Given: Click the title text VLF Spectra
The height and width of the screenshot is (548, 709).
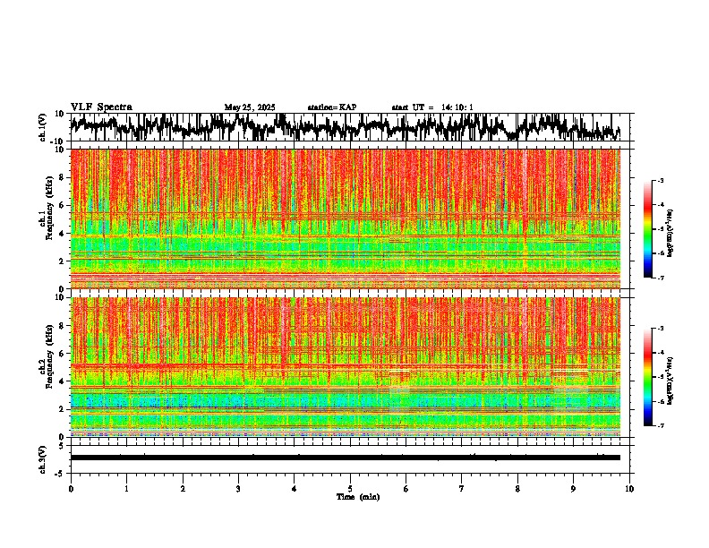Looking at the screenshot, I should (101, 107).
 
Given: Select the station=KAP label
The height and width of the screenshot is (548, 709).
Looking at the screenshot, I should (331, 107).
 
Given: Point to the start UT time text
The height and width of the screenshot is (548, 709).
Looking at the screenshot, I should (432, 107).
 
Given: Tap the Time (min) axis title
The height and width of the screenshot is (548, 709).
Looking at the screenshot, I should (357, 496).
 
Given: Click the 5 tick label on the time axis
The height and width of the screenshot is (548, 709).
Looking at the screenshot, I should (350, 489).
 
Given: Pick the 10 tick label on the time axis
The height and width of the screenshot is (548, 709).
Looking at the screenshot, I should (630, 489).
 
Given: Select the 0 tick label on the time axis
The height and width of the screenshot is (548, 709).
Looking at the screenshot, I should (71, 489).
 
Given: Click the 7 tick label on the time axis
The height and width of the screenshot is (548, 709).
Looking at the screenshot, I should (462, 489).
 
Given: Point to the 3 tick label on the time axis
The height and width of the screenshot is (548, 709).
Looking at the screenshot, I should (238, 489).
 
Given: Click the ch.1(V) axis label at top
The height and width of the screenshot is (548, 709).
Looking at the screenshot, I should (43, 127).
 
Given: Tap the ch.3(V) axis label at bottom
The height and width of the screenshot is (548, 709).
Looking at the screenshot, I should (43, 458).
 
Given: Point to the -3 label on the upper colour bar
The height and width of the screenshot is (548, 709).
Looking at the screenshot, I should (662, 181).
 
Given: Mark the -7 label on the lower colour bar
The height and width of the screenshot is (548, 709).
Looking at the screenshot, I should (662, 425).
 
